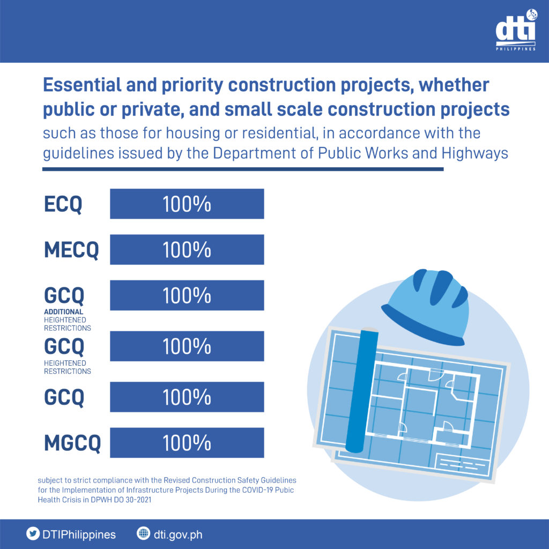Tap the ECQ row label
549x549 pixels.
pos(63,204)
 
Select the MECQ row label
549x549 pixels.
pos(71,250)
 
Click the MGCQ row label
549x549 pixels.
pos(72,443)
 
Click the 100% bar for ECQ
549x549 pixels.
pos(187,204)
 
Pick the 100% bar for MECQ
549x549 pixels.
pos(187,250)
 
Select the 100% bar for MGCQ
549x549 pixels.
pos(187,443)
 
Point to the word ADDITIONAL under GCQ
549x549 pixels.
pos(63,311)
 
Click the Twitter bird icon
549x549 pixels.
pos(33,534)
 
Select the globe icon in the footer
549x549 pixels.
pos(143,534)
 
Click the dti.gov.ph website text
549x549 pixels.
pos(178,535)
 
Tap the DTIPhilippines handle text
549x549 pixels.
pos(78,535)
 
